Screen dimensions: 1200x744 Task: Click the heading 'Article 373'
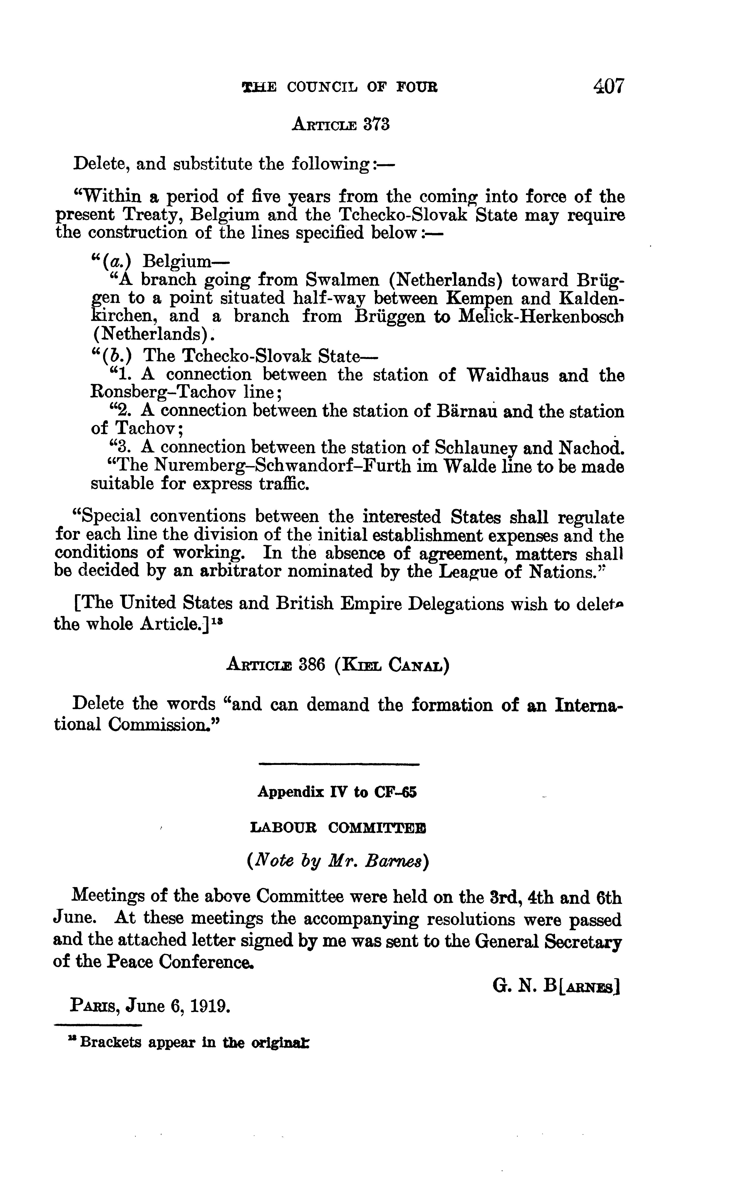pos(341,125)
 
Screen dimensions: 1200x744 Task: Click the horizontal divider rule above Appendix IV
pos(339,764)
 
